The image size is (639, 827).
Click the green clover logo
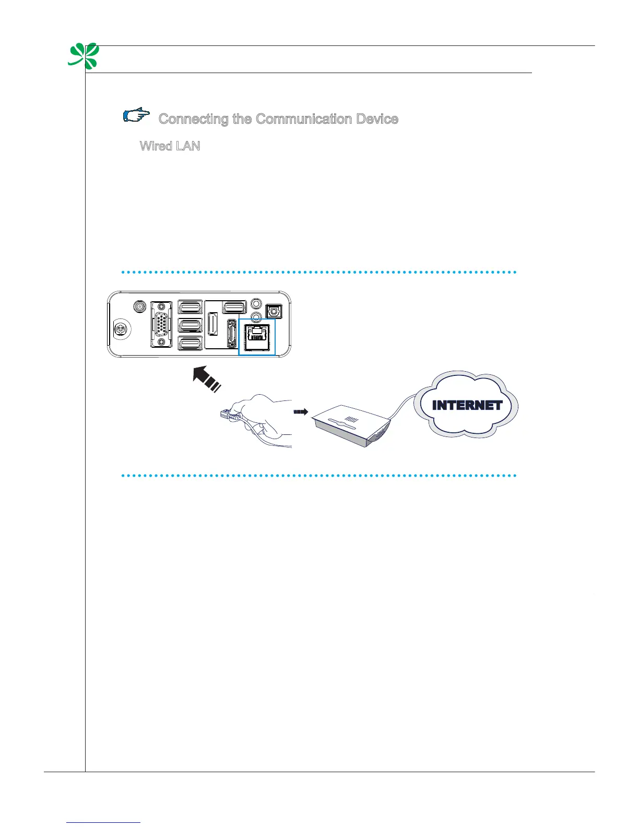click(x=84, y=56)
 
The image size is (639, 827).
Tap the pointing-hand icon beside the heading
click(x=136, y=115)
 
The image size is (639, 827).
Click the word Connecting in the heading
click(x=194, y=119)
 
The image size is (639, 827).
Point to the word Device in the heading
click(x=377, y=119)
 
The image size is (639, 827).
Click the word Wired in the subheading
click(x=156, y=146)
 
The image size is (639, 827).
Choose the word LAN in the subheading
click(x=188, y=146)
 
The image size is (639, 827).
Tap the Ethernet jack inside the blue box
click(x=257, y=336)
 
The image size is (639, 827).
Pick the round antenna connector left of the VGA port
click(x=139, y=306)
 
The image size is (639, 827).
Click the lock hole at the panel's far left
click(x=121, y=329)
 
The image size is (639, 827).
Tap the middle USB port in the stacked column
click(x=190, y=325)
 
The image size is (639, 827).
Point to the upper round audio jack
click(x=256, y=303)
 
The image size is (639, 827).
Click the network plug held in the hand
click(x=227, y=415)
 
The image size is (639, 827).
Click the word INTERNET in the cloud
click(x=467, y=405)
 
